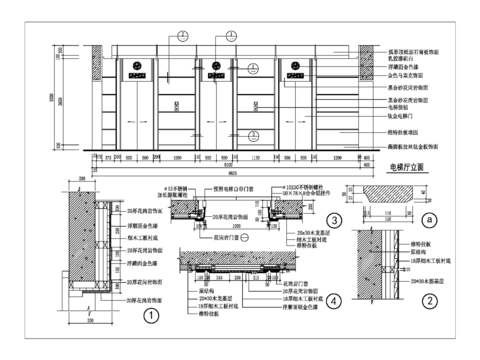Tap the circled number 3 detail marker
tap(332, 221)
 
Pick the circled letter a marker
tap(429, 218)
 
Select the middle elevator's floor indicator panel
tap(214, 70)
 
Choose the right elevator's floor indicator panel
tap(296, 70)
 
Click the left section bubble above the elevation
tap(181, 37)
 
